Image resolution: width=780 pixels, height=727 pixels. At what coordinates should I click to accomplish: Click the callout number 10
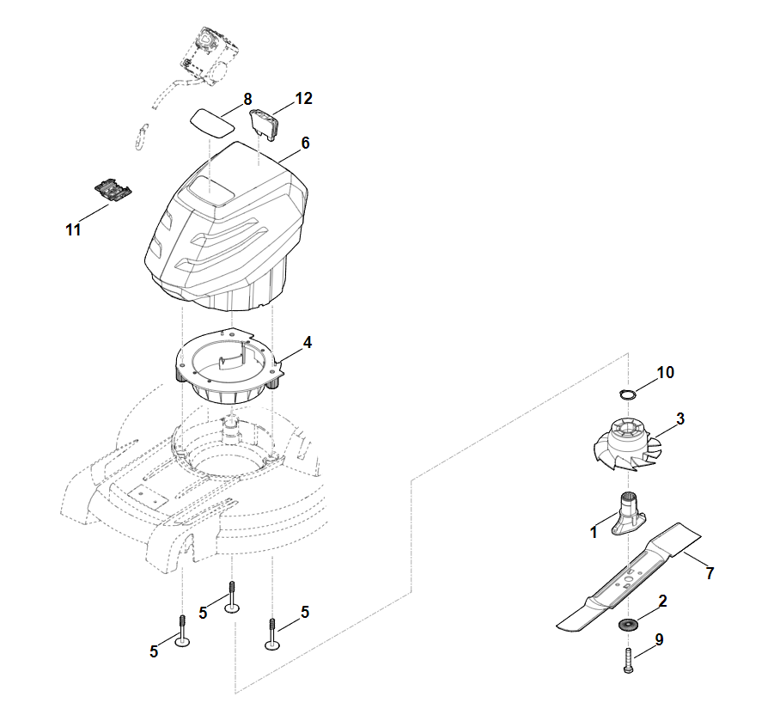(x=666, y=373)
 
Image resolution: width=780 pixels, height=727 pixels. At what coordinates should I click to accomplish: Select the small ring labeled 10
(x=628, y=394)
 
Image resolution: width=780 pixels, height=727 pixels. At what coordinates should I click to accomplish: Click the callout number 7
(x=710, y=574)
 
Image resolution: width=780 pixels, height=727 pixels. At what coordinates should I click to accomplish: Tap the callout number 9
(x=659, y=640)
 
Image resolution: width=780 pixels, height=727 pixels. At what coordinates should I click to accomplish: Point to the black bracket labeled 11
(x=113, y=190)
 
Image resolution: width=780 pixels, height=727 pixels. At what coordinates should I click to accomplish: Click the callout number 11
(x=73, y=230)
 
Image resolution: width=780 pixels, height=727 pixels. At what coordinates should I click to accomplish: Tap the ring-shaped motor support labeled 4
(x=225, y=370)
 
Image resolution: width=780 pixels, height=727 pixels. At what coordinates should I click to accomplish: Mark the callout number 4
(x=307, y=343)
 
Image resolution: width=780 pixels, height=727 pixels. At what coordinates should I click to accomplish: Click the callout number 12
(x=303, y=99)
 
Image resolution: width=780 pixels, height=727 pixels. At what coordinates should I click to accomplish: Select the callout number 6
(x=305, y=144)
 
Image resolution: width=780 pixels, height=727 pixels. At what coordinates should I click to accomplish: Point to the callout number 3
(x=680, y=419)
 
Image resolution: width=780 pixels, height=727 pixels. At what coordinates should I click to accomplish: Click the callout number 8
(x=247, y=99)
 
